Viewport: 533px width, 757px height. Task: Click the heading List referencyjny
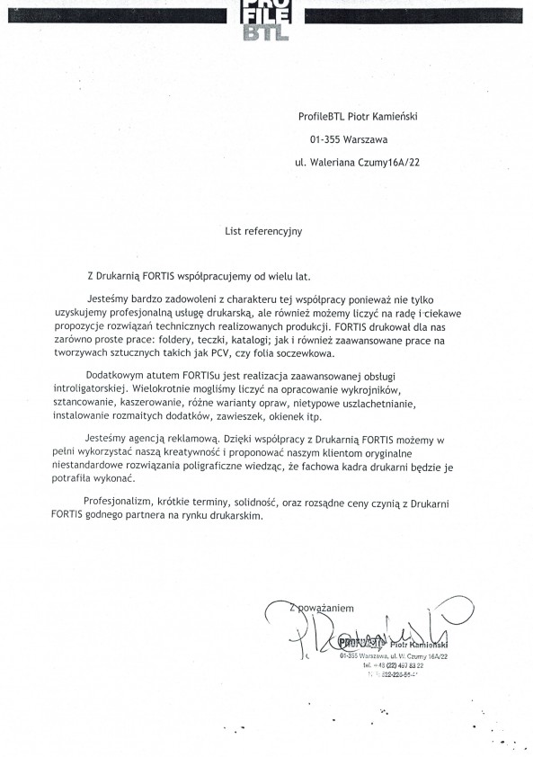(263, 231)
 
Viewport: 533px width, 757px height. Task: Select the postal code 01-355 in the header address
(323, 139)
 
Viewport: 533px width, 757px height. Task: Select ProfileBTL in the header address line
(324, 116)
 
